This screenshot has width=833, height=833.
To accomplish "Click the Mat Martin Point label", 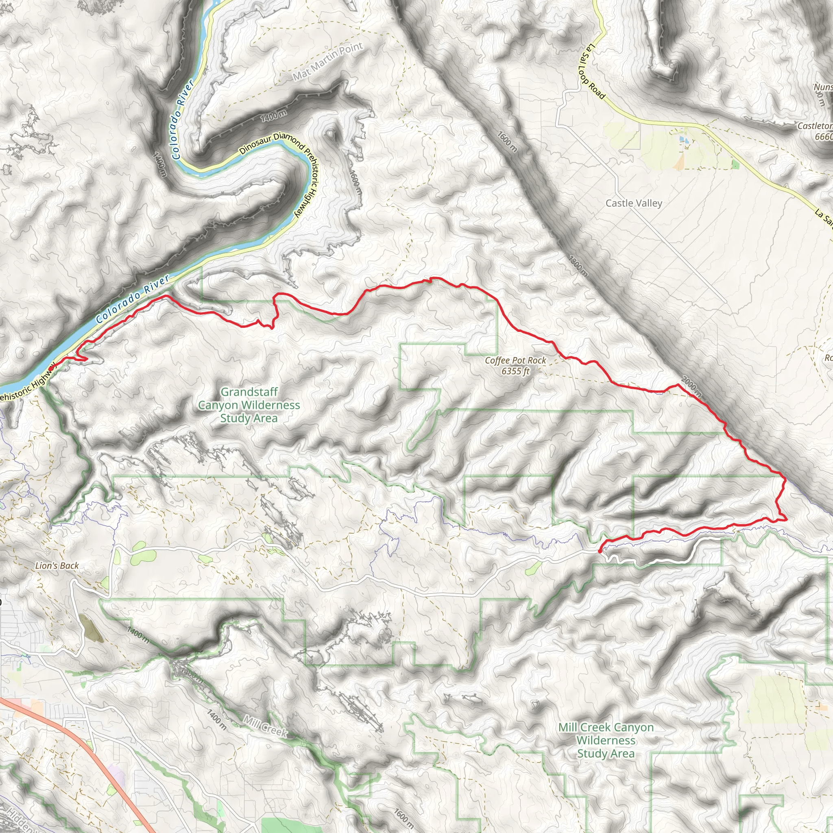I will pos(328,62).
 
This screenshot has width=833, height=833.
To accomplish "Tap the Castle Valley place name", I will pos(633,203).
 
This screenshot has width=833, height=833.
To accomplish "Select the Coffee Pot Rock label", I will pos(515,360).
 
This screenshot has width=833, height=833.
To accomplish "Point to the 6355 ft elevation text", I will pos(515,371).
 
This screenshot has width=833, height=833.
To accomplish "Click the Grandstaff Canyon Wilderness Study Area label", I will pos(249,405).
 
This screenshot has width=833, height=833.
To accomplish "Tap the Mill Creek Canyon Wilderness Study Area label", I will pos(606,740).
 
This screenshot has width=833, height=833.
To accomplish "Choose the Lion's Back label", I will pos(57,566).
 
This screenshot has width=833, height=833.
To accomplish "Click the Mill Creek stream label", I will pos(265,726).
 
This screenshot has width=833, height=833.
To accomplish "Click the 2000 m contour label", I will pos(691,387).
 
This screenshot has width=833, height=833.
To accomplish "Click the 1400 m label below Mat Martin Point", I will pos(273,116).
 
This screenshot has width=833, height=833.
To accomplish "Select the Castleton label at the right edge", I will pos(815,126).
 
